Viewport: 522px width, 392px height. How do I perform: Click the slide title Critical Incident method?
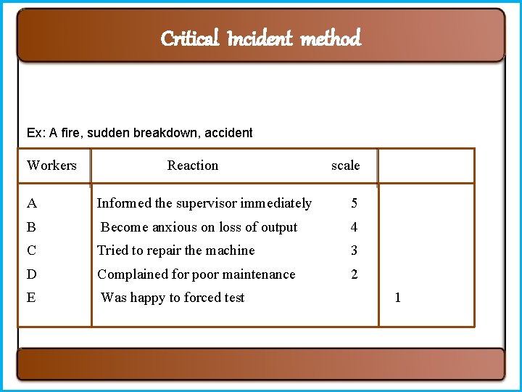pos(260,38)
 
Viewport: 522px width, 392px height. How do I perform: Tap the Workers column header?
pos(51,166)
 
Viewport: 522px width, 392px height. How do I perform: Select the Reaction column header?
pos(192,166)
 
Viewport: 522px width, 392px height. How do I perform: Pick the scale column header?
pos(345,166)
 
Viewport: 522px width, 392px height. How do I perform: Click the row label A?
pos(31,203)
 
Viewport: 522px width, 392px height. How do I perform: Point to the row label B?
pos(31,227)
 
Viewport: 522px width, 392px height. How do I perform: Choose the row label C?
pos(31,250)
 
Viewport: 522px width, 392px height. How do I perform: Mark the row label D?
pos(31,274)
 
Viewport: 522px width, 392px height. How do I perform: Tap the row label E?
pos(31,298)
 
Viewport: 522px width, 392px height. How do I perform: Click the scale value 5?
pos(354,203)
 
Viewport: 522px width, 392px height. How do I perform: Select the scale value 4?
pos(354,227)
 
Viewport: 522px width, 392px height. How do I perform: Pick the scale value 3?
pos(354,250)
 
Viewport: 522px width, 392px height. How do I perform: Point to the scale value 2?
pos(354,274)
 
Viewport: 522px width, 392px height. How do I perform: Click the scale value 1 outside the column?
pos(397,298)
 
